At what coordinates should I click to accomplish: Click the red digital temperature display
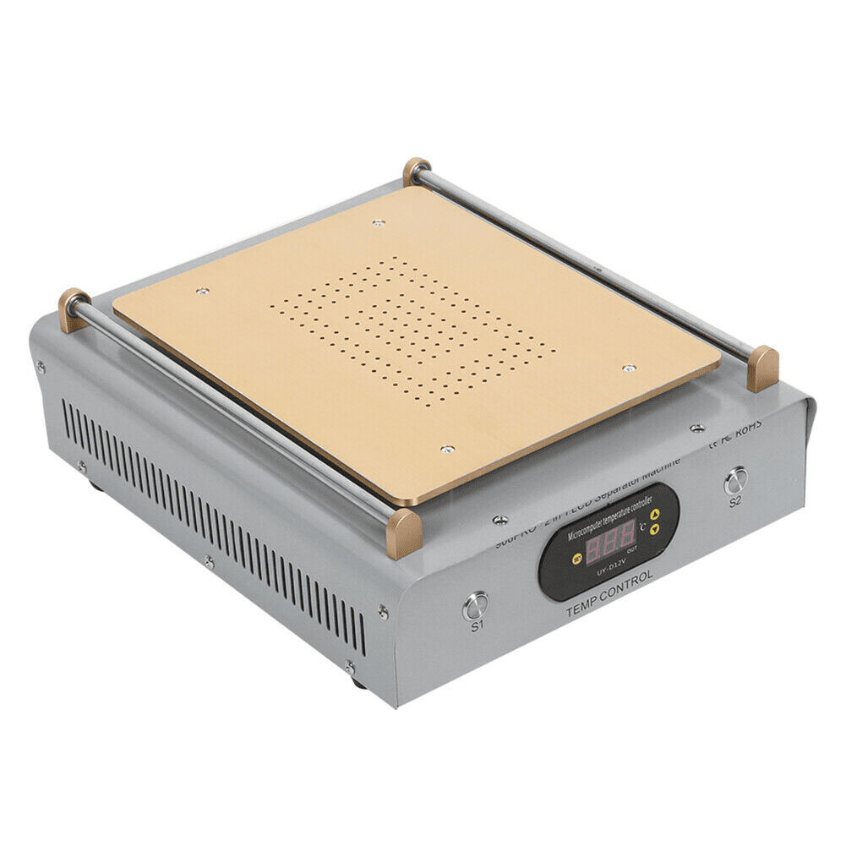pyautogui.click(x=610, y=543)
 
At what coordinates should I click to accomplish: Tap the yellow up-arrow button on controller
pyautogui.click(x=654, y=512)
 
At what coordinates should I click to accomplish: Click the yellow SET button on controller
pyautogui.click(x=578, y=559)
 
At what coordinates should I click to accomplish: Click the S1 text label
pyautogui.click(x=477, y=626)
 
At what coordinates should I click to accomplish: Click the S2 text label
pyautogui.click(x=735, y=500)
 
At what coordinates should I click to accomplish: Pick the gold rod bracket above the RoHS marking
pyautogui.click(x=762, y=368)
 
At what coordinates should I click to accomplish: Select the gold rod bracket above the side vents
pyautogui.click(x=74, y=308)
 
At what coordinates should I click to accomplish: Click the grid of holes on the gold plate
pyautogui.click(x=412, y=330)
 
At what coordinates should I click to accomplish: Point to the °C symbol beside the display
pyautogui.click(x=643, y=525)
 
